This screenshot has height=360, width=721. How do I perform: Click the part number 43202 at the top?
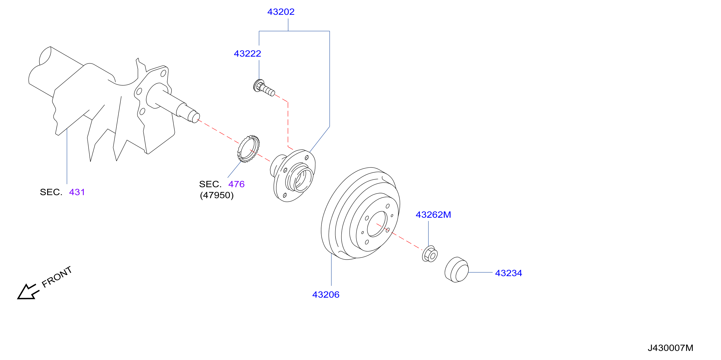[281, 12]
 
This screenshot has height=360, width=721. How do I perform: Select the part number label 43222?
[247, 53]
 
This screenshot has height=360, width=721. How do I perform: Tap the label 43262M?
[433, 214]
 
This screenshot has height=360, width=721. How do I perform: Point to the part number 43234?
[509, 273]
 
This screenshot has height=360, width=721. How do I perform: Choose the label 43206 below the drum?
[326, 295]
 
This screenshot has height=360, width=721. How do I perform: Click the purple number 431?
[77, 192]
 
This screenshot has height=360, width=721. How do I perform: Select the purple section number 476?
[236, 184]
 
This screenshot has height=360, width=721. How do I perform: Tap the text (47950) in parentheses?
[217, 195]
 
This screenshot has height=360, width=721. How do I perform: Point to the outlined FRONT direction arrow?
[27, 292]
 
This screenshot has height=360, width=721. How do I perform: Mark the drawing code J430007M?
[670, 348]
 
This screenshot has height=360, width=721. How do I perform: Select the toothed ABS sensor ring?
[249, 149]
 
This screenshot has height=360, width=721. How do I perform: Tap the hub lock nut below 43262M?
[430, 254]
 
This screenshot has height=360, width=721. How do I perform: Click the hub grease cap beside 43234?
[456, 270]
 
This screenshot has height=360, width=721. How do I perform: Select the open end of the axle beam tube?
[45, 56]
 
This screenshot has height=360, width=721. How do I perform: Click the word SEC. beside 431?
[51, 192]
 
